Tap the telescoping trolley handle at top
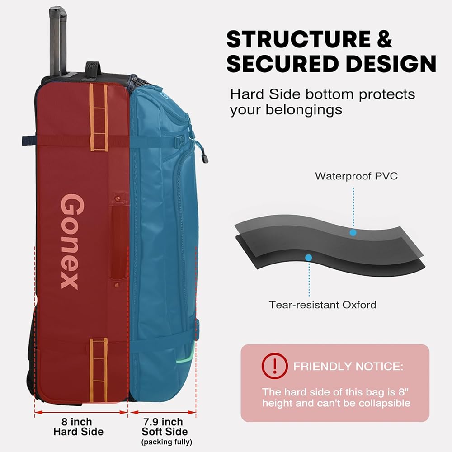coord(56,36)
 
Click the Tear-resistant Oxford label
coord(322,305)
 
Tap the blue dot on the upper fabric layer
coord(353,232)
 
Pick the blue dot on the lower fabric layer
coord(309,258)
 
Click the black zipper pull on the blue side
coord(205,157)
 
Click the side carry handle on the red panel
coord(119,240)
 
